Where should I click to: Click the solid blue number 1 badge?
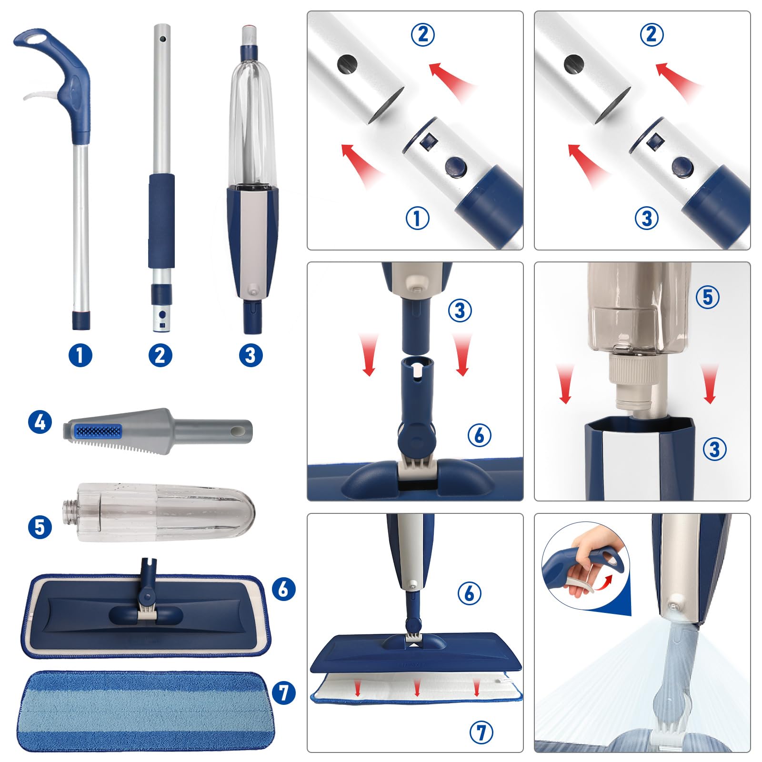click(80, 355)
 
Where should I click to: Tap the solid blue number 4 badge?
click(40, 422)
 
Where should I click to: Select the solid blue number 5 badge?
click(40, 527)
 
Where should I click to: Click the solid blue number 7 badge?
click(284, 692)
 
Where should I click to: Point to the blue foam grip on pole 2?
click(161, 221)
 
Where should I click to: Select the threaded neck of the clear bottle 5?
click(70, 512)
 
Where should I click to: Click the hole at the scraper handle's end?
click(237, 430)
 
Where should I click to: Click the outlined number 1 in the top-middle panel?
click(417, 218)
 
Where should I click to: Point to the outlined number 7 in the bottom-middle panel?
click(481, 732)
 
